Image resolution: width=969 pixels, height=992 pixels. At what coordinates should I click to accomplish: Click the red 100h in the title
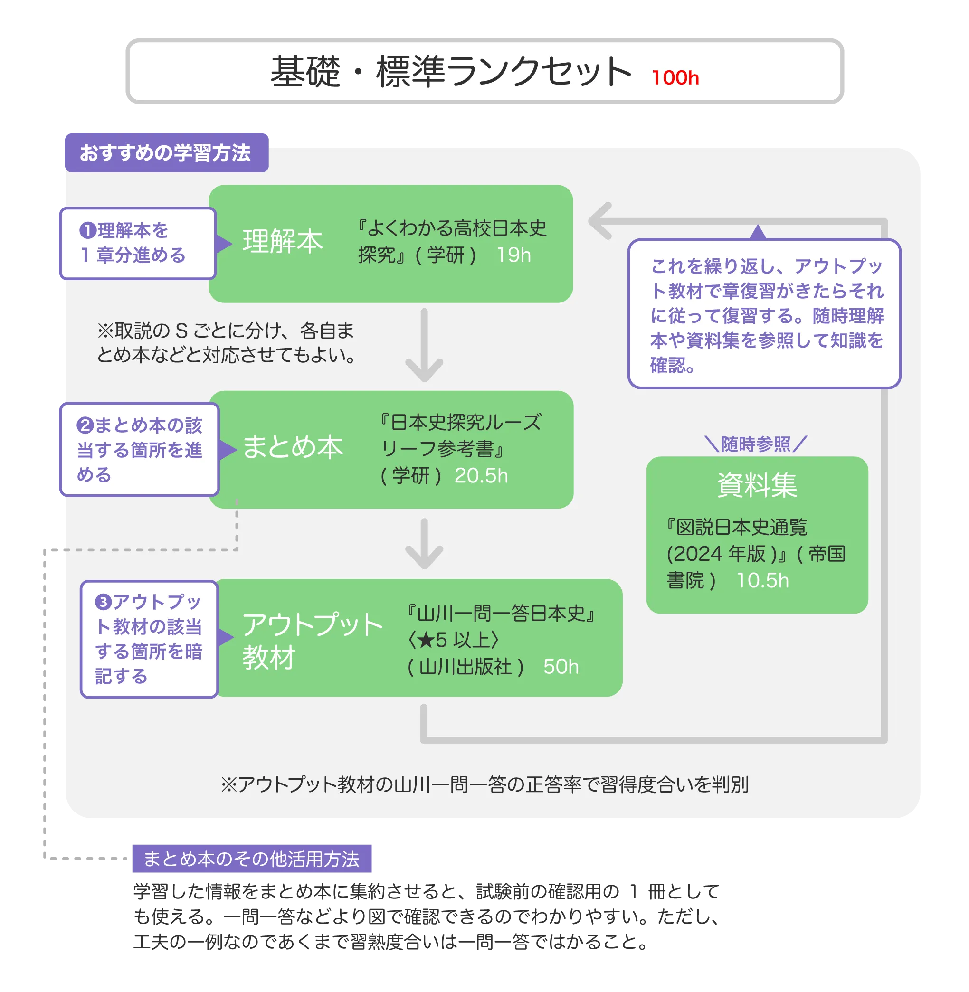coord(675,78)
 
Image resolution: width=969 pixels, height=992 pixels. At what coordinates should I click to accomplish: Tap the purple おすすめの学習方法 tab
coord(165,152)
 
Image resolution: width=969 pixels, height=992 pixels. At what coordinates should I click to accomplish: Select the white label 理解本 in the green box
coord(283,241)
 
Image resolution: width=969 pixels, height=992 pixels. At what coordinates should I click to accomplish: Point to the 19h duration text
coord(513,255)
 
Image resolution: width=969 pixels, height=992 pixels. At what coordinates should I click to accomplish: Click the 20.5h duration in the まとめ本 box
coord(481,476)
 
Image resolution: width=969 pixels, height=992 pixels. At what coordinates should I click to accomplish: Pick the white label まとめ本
coord(293,447)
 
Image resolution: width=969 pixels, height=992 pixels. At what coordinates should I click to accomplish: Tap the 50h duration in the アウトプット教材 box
coord(561,666)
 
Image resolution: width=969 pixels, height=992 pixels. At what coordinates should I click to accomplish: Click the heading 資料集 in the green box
coord(757,485)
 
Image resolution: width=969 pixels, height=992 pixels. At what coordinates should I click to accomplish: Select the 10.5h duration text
coord(762,580)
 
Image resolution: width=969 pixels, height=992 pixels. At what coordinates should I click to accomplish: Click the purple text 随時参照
coord(756,444)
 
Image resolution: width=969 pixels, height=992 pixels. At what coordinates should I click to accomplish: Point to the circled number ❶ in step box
coord(87,230)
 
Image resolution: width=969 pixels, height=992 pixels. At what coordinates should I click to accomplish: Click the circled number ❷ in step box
coord(85,425)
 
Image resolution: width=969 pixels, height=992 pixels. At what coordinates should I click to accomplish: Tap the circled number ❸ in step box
coord(104,602)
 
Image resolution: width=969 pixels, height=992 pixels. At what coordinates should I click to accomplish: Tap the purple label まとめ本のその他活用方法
coord(251,859)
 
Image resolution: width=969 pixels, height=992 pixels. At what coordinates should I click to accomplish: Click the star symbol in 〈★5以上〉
coord(425,640)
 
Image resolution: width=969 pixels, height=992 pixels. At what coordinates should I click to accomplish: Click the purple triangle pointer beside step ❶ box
coord(223,244)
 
